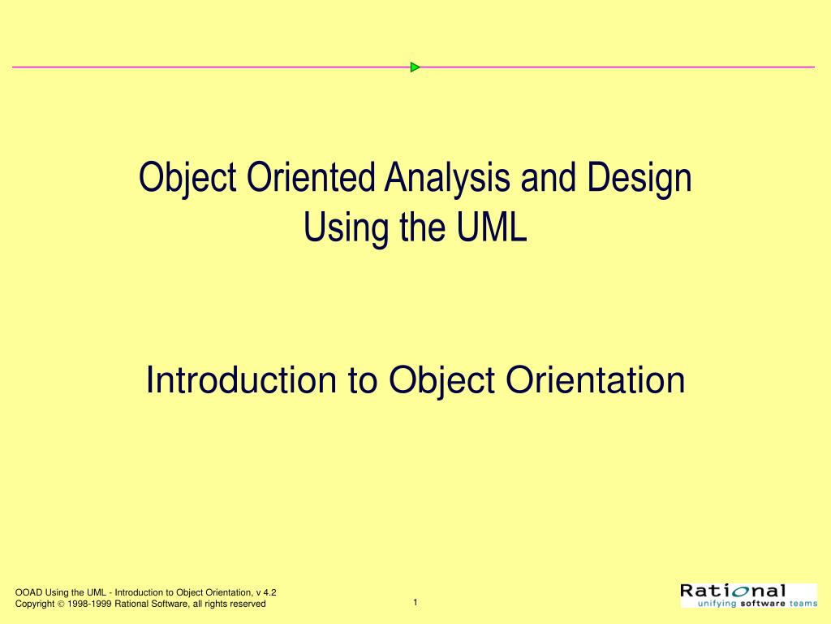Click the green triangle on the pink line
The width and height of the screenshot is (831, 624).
tap(415, 67)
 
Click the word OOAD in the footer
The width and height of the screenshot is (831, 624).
tap(29, 592)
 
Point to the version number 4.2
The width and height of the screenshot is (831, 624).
tap(270, 592)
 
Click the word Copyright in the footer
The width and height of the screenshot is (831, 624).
tap(34, 604)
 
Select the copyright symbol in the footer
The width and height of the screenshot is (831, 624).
tap(61, 604)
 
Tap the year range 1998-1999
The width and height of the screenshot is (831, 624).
tap(89, 604)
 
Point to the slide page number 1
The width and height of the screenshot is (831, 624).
tap(415, 602)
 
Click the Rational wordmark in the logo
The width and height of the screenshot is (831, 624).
tap(734, 591)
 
